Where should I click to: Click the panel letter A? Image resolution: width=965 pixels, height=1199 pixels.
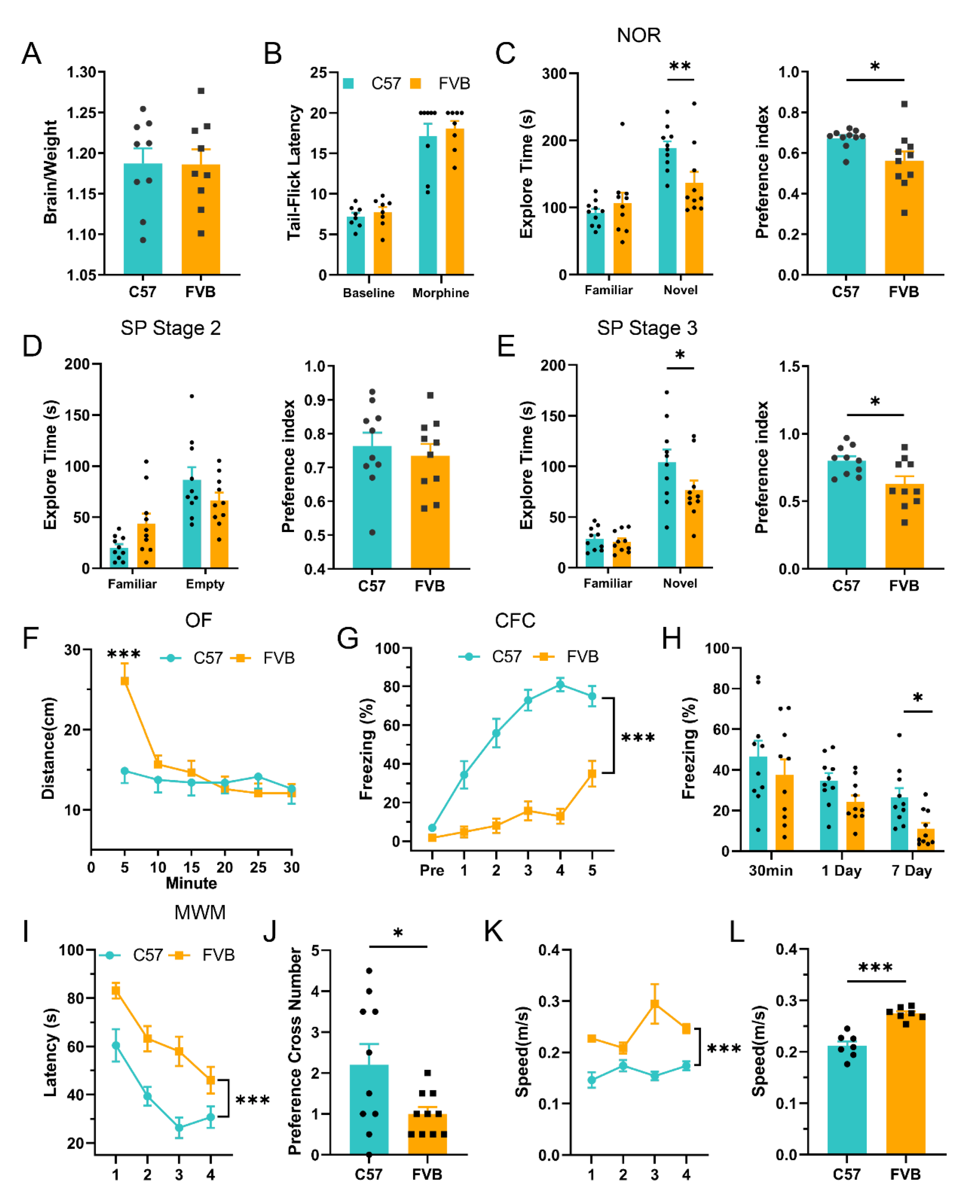pos(32,54)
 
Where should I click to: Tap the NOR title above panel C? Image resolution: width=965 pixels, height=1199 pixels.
pos(638,36)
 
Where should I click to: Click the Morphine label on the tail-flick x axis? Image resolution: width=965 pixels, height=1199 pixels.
pos(440,293)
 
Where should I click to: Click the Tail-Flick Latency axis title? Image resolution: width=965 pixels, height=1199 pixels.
pos(294,173)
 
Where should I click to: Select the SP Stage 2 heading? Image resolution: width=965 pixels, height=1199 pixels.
pos(171,328)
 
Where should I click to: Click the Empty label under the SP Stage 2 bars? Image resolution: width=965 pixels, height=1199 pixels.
pos(205,584)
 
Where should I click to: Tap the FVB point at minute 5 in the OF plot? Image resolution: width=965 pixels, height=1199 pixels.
pos(125,681)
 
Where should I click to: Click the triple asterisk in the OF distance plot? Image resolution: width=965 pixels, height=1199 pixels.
pos(124,655)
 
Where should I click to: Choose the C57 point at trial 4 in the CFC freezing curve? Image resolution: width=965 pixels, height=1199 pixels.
pos(560,685)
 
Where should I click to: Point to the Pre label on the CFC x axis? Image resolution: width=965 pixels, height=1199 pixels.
pos(432,870)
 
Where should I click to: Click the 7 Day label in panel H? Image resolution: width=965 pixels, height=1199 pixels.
pos(912,870)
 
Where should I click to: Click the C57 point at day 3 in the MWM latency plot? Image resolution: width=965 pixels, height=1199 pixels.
pos(179,1128)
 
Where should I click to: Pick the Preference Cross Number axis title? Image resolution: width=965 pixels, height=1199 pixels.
pos(295,1051)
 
